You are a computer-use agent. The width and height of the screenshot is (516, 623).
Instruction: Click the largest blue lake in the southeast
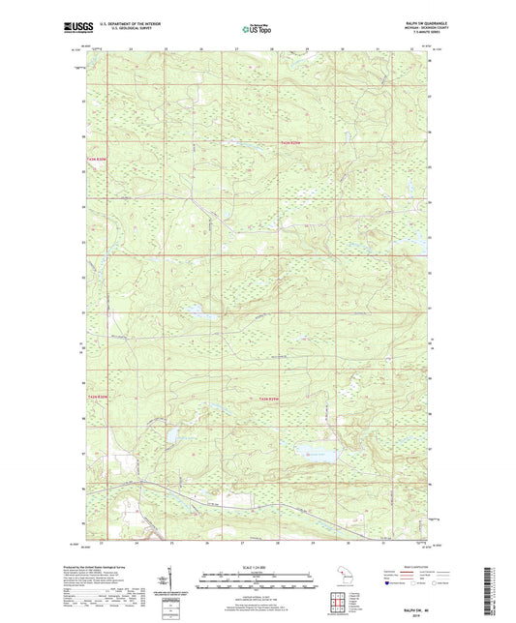click(315, 451)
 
